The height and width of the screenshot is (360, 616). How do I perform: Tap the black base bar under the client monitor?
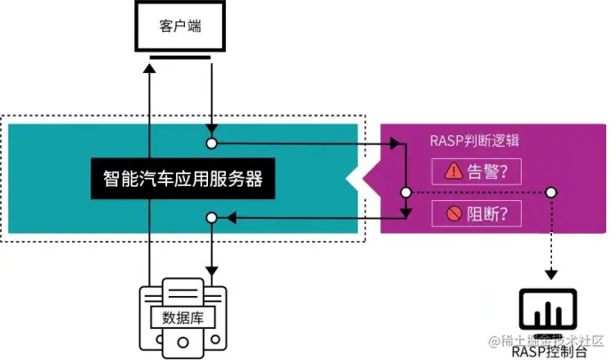[180, 59]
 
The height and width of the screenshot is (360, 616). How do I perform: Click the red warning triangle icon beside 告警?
[453, 172]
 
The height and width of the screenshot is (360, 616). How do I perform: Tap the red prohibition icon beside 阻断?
[453, 214]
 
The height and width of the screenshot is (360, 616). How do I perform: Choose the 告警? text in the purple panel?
[492, 172]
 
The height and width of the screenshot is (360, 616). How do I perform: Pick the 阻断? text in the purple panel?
[492, 214]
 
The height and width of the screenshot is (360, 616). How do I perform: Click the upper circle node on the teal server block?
[212, 142]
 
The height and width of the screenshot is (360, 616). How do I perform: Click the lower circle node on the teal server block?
[212, 217]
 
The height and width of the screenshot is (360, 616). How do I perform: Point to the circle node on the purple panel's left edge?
[405, 192]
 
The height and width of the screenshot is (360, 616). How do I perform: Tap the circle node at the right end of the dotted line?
[551, 192]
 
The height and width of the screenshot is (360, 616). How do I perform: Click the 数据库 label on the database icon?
[181, 316]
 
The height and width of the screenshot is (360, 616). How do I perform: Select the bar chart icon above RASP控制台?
[545, 310]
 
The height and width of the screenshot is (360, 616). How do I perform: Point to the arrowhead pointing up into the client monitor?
[151, 71]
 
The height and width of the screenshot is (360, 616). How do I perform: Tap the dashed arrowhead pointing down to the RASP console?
[551, 273]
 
